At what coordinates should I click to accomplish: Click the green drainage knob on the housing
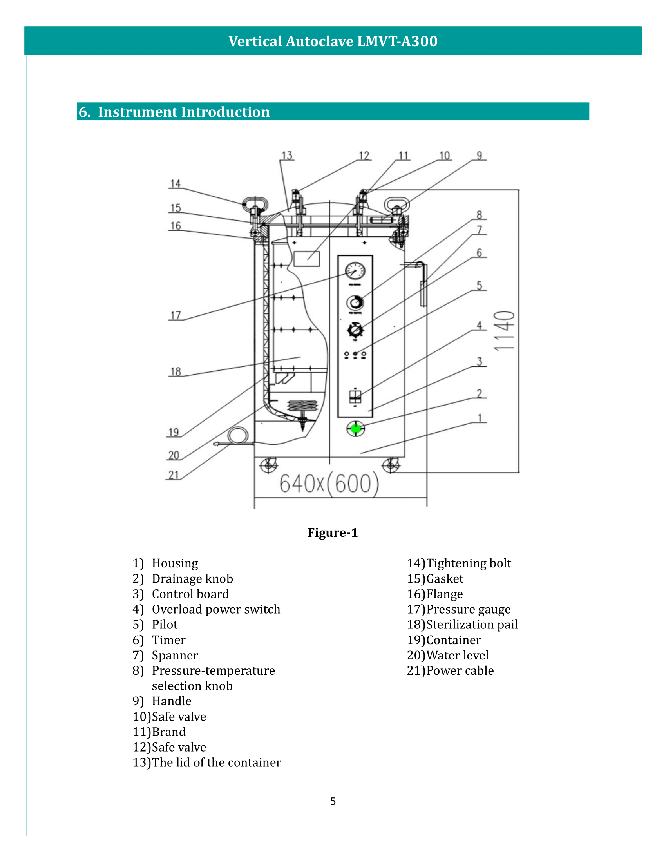click(355, 428)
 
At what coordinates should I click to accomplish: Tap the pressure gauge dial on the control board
click(355, 271)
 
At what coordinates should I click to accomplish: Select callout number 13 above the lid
click(287, 156)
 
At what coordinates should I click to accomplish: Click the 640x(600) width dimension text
click(329, 484)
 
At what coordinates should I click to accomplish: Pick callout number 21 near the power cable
click(174, 475)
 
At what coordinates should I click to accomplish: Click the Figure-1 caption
click(333, 532)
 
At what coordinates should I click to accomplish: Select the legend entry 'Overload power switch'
click(216, 609)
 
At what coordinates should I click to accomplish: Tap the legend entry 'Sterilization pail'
click(472, 625)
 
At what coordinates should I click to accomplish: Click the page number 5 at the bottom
click(333, 801)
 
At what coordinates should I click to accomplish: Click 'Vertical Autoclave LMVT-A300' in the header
click(333, 41)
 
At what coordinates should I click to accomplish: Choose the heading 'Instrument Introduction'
click(183, 112)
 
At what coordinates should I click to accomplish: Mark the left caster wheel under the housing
click(269, 465)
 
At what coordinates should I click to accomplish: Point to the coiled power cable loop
click(238, 436)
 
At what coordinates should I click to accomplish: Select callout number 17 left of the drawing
click(176, 316)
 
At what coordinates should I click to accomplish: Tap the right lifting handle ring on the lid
click(396, 205)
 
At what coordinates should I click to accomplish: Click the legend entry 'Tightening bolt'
click(469, 563)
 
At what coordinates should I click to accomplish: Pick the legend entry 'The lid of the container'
click(216, 762)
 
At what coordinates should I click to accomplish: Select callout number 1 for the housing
click(480, 418)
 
